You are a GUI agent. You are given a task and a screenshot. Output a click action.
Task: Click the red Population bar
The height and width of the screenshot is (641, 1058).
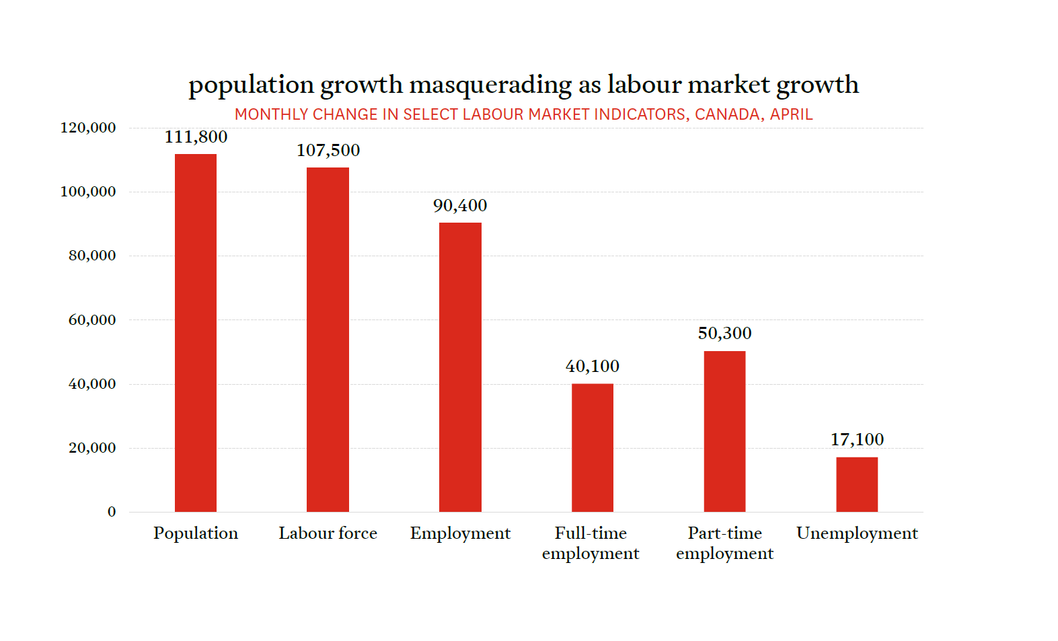coord(196,333)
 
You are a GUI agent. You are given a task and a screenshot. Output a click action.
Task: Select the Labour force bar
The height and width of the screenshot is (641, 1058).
coord(328,340)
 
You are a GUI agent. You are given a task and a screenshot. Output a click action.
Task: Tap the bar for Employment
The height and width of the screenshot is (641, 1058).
coord(460,367)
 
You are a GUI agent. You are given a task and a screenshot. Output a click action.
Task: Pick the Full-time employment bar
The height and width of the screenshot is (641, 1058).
coord(592,447)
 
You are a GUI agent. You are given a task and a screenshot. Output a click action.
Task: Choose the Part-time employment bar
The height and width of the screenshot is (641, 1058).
coord(724,431)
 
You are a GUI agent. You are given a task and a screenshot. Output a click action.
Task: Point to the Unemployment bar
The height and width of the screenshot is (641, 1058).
coord(857,484)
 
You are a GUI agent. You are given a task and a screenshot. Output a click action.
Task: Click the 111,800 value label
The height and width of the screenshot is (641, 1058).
coord(196,137)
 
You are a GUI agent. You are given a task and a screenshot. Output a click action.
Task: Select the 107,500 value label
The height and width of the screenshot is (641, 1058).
coord(328,151)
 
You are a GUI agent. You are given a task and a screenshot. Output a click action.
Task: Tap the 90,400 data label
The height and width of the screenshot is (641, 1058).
coord(460,206)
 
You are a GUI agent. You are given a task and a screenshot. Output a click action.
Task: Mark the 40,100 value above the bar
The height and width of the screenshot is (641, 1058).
coord(592,367)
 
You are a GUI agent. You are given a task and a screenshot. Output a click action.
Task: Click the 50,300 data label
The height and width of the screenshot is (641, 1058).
coord(724,334)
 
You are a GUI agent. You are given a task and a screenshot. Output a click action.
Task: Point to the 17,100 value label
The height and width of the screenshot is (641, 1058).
coord(857,440)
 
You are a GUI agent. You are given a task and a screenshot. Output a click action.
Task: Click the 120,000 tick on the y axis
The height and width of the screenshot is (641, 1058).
coord(88,128)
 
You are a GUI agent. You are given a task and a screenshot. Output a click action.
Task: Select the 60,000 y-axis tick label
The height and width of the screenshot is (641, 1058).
coord(92,320)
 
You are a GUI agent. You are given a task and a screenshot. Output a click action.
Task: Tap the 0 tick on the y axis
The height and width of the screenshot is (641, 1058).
coord(112,512)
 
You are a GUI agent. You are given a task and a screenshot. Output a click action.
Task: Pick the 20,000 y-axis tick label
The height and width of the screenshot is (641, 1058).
coord(92,448)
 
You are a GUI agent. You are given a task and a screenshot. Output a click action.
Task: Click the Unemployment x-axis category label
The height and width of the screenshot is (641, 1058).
coord(857,533)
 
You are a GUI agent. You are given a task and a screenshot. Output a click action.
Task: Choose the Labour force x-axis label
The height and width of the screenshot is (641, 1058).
coord(328,533)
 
